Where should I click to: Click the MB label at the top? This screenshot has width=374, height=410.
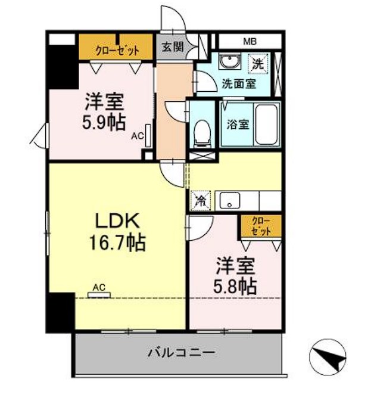coord(250,41)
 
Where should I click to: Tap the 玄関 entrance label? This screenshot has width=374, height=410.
coord(173,47)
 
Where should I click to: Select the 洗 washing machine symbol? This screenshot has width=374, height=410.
coord(258,64)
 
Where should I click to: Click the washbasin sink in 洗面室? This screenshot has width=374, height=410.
coord(229,62)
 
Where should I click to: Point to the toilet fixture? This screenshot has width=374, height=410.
coord(202,133)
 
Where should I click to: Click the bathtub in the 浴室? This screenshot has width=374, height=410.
coord(266,125)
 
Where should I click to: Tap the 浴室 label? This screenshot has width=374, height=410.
coord(238,124)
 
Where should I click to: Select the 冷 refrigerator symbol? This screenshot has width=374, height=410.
coord(200,201)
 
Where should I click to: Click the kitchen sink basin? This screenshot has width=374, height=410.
coord(229,200)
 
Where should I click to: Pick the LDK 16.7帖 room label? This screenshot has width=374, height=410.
coord(117,232)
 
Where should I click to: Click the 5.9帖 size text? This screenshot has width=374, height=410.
coord(104,122)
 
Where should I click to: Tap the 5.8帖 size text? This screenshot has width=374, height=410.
coord(235,287)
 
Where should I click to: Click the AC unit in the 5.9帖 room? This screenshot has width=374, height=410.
coord(148,135)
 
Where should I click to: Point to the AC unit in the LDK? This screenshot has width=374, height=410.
coord(99,295)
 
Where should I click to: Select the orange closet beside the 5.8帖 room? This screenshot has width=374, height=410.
coord(261,226)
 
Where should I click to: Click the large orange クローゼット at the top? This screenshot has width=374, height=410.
coord(116,47)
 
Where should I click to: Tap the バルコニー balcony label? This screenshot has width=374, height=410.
coord(182,353)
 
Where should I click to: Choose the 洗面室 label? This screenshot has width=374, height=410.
coord(239,84)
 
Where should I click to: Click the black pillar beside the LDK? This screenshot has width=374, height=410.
coord(60,312)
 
